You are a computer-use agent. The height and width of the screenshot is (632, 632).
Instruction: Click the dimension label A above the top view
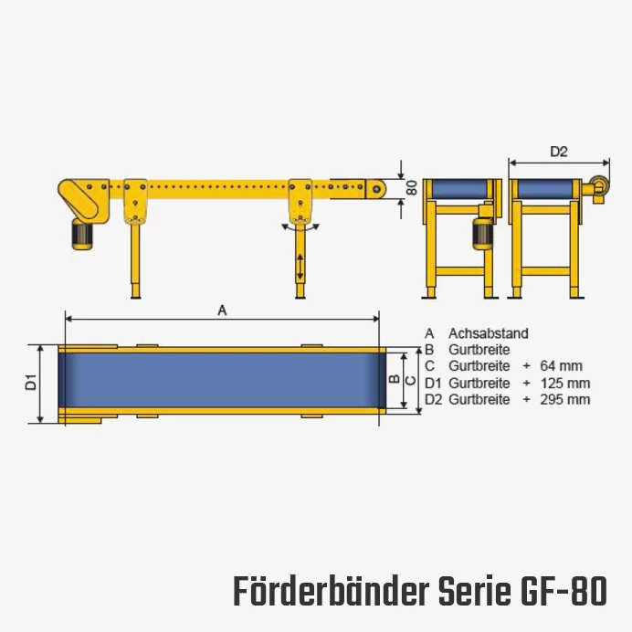pyautogui.click(x=222, y=311)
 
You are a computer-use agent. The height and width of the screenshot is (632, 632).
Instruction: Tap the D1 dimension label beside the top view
pyautogui.click(x=31, y=382)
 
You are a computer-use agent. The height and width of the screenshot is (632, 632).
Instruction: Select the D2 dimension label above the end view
pyautogui.click(x=559, y=152)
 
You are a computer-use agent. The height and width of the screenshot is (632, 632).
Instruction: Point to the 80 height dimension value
pyautogui.click(x=412, y=188)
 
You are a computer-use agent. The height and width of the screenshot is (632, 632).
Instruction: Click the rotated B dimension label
pyautogui.click(x=395, y=379)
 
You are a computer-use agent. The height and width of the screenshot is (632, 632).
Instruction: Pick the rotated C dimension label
pyautogui.click(x=410, y=380)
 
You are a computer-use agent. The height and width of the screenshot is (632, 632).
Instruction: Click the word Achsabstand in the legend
pyautogui.click(x=488, y=333)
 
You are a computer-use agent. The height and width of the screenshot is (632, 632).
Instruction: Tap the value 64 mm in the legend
pyautogui.click(x=561, y=366)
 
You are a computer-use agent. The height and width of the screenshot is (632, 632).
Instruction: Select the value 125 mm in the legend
pyautogui.click(x=565, y=383)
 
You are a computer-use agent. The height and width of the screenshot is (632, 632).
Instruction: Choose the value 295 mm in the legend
pyautogui.click(x=565, y=399)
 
